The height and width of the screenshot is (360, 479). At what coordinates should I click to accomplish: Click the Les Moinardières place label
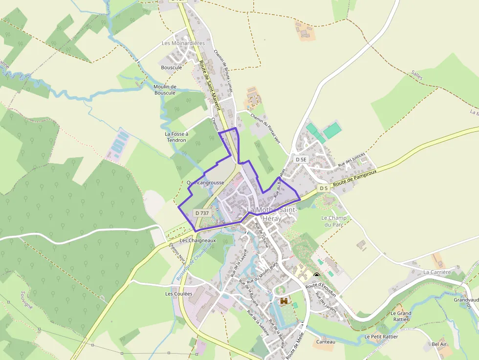pos(183,43)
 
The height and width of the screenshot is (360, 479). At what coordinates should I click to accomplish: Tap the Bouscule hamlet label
pos(171,67)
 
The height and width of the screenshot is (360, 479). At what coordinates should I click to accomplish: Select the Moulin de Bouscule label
pos(164,89)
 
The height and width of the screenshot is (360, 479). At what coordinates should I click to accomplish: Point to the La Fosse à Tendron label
pos(176,137)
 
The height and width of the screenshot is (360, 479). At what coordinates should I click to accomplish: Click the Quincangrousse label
pos(205,183)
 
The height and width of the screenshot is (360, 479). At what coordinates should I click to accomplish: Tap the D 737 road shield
pos(202,213)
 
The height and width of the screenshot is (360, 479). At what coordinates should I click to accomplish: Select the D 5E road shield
pos(301,159)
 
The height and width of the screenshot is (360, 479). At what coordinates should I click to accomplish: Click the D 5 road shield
pos(323,188)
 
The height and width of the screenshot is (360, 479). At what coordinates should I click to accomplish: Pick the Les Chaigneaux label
pos(197,240)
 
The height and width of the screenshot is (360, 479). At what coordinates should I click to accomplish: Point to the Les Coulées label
pos(178,294)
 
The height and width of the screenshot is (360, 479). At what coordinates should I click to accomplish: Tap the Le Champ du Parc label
pos(333,221)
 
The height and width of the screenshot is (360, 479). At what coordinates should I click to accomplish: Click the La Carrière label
pos(437,272)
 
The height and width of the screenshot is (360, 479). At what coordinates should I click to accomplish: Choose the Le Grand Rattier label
pos(401,316)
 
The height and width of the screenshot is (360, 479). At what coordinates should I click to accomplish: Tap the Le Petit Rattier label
pos(381,337)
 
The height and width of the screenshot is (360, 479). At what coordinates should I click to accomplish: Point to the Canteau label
pos(326,342)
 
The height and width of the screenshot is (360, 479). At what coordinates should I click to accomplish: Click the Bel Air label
pos(439,344)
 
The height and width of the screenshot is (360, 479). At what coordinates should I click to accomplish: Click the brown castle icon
pos(284,302)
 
